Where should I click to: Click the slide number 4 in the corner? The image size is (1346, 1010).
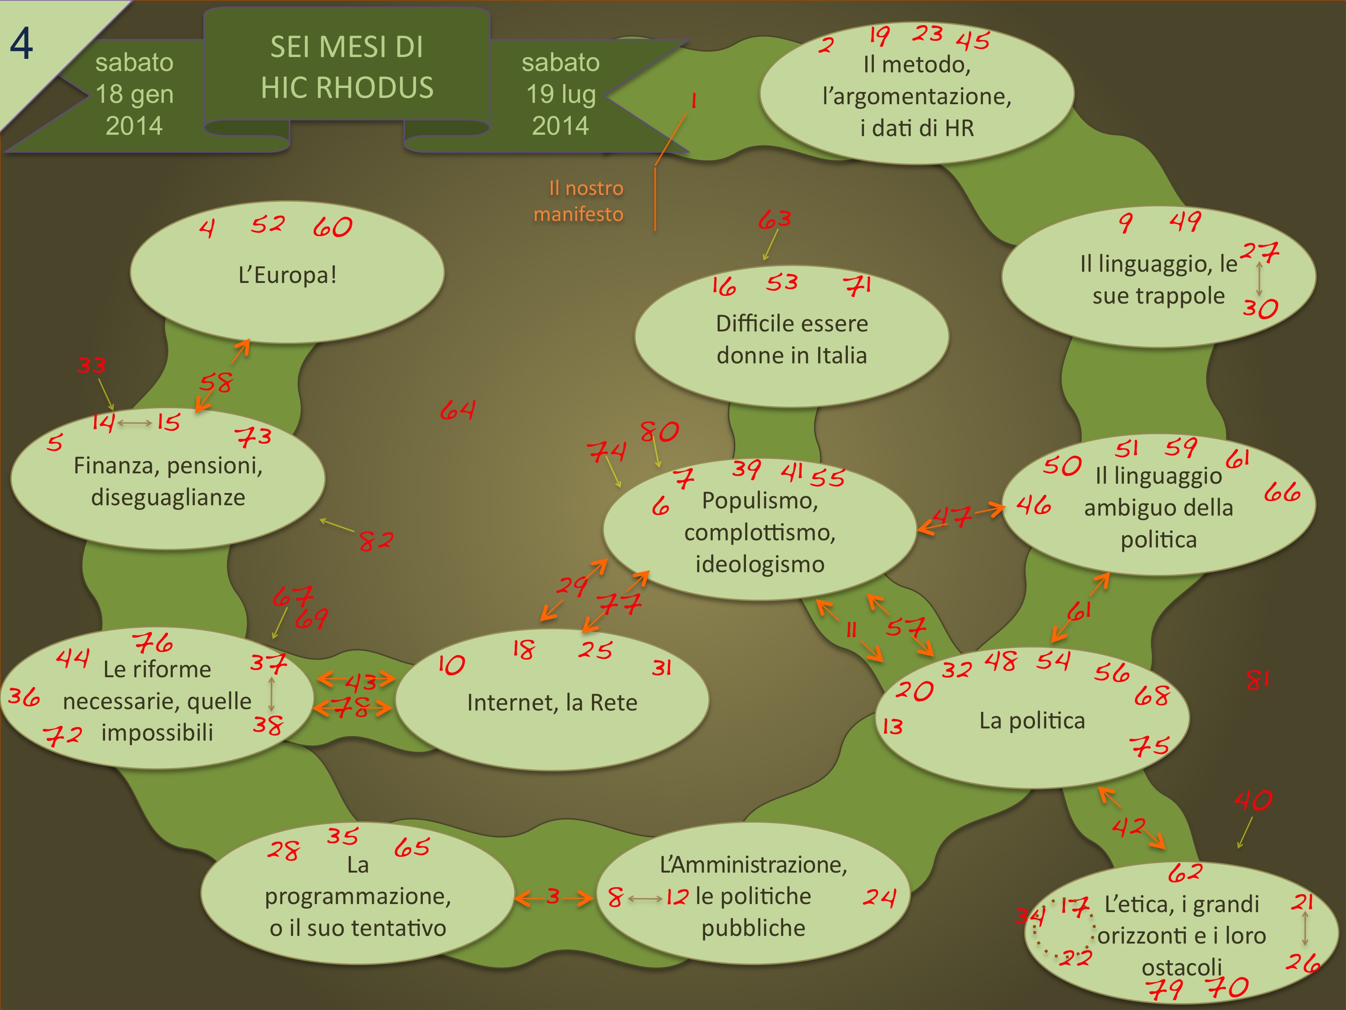[21, 44]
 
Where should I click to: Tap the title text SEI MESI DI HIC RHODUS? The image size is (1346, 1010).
[347, 67]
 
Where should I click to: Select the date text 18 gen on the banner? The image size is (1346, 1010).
[135, 94]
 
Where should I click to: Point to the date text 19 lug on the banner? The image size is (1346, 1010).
[561, 94]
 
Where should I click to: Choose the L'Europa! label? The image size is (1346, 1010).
[287, 275]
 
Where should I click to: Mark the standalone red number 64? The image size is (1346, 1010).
[458, 410]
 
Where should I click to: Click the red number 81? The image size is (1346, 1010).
[1257, 679]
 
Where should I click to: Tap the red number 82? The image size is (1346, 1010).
[376, 540]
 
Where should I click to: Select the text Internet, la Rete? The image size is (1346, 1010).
[552, 702]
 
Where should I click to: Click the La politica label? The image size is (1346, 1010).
[1032, 721]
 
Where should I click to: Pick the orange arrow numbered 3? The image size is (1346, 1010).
[553, 896]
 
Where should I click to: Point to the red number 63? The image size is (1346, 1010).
[775, 219]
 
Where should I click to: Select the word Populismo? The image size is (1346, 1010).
[759, 500]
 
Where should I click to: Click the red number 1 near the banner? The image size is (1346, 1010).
[693, 101]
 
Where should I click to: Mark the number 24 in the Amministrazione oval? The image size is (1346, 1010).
[879, 897]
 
